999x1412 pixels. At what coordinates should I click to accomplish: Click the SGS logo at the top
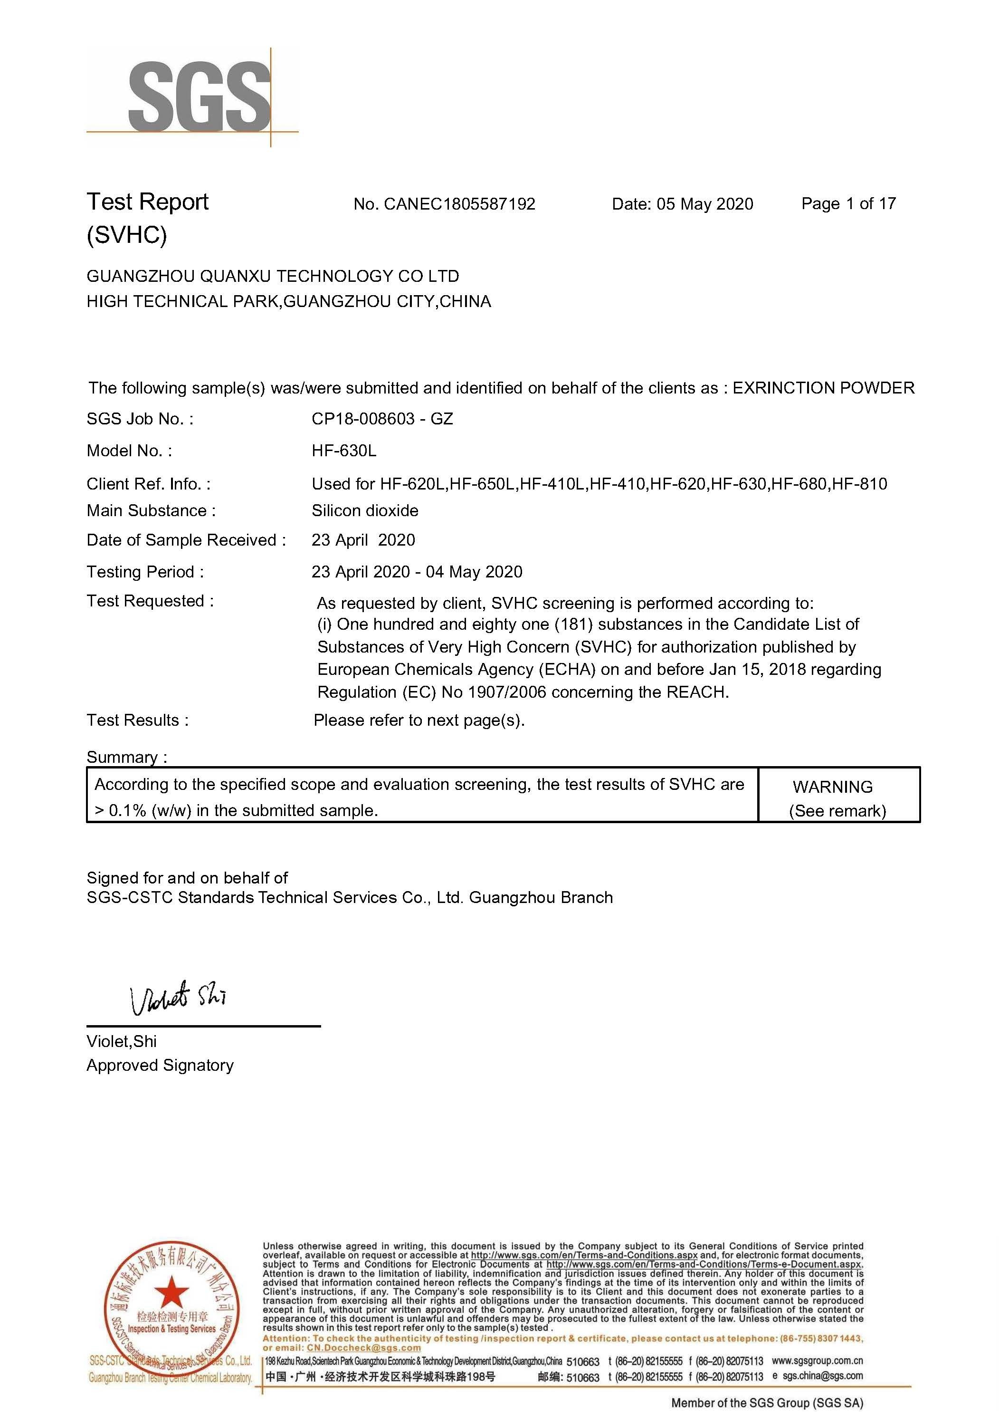click(x=198, y=96)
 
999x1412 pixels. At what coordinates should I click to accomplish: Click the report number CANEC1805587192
click(x=459, y=204)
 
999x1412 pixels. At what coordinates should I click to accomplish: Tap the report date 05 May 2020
click(x=704, y=204)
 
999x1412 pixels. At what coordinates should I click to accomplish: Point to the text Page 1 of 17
click(x=848, y=203)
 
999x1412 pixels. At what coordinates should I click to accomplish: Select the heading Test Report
click(x=148, y=202)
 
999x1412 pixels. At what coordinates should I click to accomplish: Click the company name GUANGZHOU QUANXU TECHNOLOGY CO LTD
click(x=273, y=276)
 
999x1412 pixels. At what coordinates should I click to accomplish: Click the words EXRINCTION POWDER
click(x=823, y=388)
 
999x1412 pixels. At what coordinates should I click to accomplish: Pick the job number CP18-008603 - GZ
click(x=382, y=419)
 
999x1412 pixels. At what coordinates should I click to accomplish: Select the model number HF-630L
click(x=344, y=451)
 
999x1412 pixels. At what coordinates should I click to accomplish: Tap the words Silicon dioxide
click(x=365, y=510)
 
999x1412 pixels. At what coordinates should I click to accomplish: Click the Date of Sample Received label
click(x=186, y=540)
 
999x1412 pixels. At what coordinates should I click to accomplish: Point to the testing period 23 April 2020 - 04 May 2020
click(x=417, y=572)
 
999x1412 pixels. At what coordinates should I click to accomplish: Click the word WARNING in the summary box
click(x=832, y=787)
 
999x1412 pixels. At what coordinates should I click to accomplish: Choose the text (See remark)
click(x=837, y=811)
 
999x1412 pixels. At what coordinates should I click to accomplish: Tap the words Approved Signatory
click(x=160, y=1066)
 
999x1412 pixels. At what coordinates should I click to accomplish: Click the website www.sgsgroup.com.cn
click(x=817, y=1361)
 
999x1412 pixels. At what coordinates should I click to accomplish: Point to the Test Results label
click(x=137, y=720)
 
